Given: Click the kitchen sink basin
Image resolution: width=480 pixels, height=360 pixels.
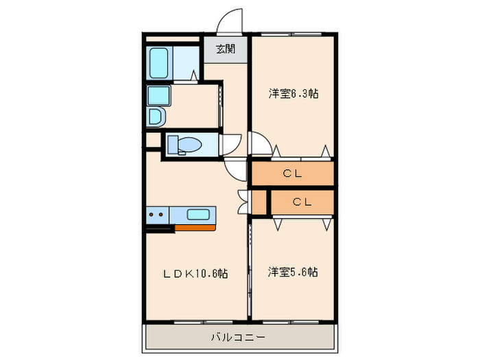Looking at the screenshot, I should (199, 214).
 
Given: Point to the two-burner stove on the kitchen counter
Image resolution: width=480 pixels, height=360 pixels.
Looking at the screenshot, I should (156, 215).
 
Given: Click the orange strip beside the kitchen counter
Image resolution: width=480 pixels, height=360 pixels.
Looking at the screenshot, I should (195, 226).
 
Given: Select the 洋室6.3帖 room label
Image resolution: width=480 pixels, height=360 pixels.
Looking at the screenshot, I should (292, 94).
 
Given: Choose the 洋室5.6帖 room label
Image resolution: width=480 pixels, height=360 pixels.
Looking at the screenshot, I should (292, 272).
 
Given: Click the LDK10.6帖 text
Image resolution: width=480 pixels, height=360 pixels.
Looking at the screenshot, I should (195, 273).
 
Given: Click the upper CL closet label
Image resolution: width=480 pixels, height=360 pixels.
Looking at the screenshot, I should (292, 173).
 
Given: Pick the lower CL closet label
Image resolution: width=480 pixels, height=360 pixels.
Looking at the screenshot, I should (302, 202).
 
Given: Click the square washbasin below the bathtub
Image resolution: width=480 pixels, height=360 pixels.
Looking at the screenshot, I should (158, 95).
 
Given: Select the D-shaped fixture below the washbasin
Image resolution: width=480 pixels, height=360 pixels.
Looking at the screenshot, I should (156, 117).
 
